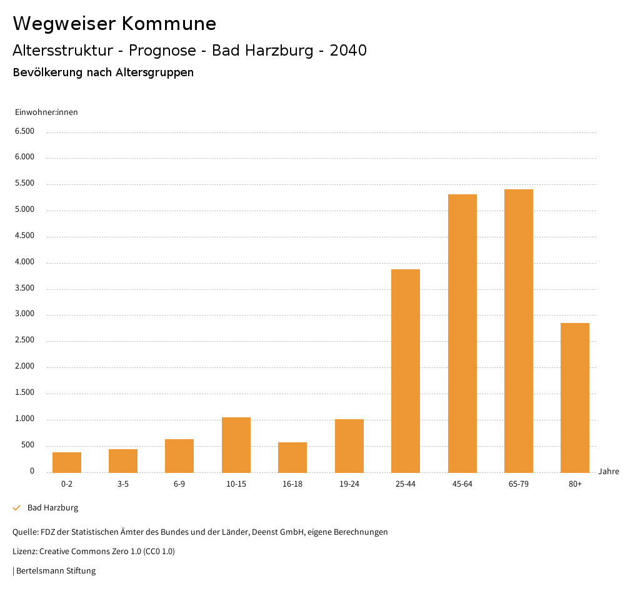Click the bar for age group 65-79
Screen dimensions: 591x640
coord(518,330)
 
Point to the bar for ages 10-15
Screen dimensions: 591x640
coord(236,444)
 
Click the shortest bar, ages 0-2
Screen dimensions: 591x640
coord(67,462)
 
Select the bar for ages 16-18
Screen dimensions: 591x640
coord(292,457)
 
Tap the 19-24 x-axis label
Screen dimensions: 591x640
coord(349,484)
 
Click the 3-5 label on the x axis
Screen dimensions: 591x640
coord(123,484)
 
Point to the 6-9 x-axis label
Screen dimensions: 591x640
coord(179,484)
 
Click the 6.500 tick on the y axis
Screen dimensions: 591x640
coord(24,131)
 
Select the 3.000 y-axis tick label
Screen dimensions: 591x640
coord(24,314)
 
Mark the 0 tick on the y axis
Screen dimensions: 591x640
coord(32,471)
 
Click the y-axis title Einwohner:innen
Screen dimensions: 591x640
coord(46,112)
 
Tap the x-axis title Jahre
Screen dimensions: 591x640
coord(608,472)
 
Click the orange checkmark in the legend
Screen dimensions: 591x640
coord(17,508)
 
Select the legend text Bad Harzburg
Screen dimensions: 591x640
coord(53,508)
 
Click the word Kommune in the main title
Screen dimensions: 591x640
coord(169,24)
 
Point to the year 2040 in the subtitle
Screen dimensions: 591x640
coord(347,51)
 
